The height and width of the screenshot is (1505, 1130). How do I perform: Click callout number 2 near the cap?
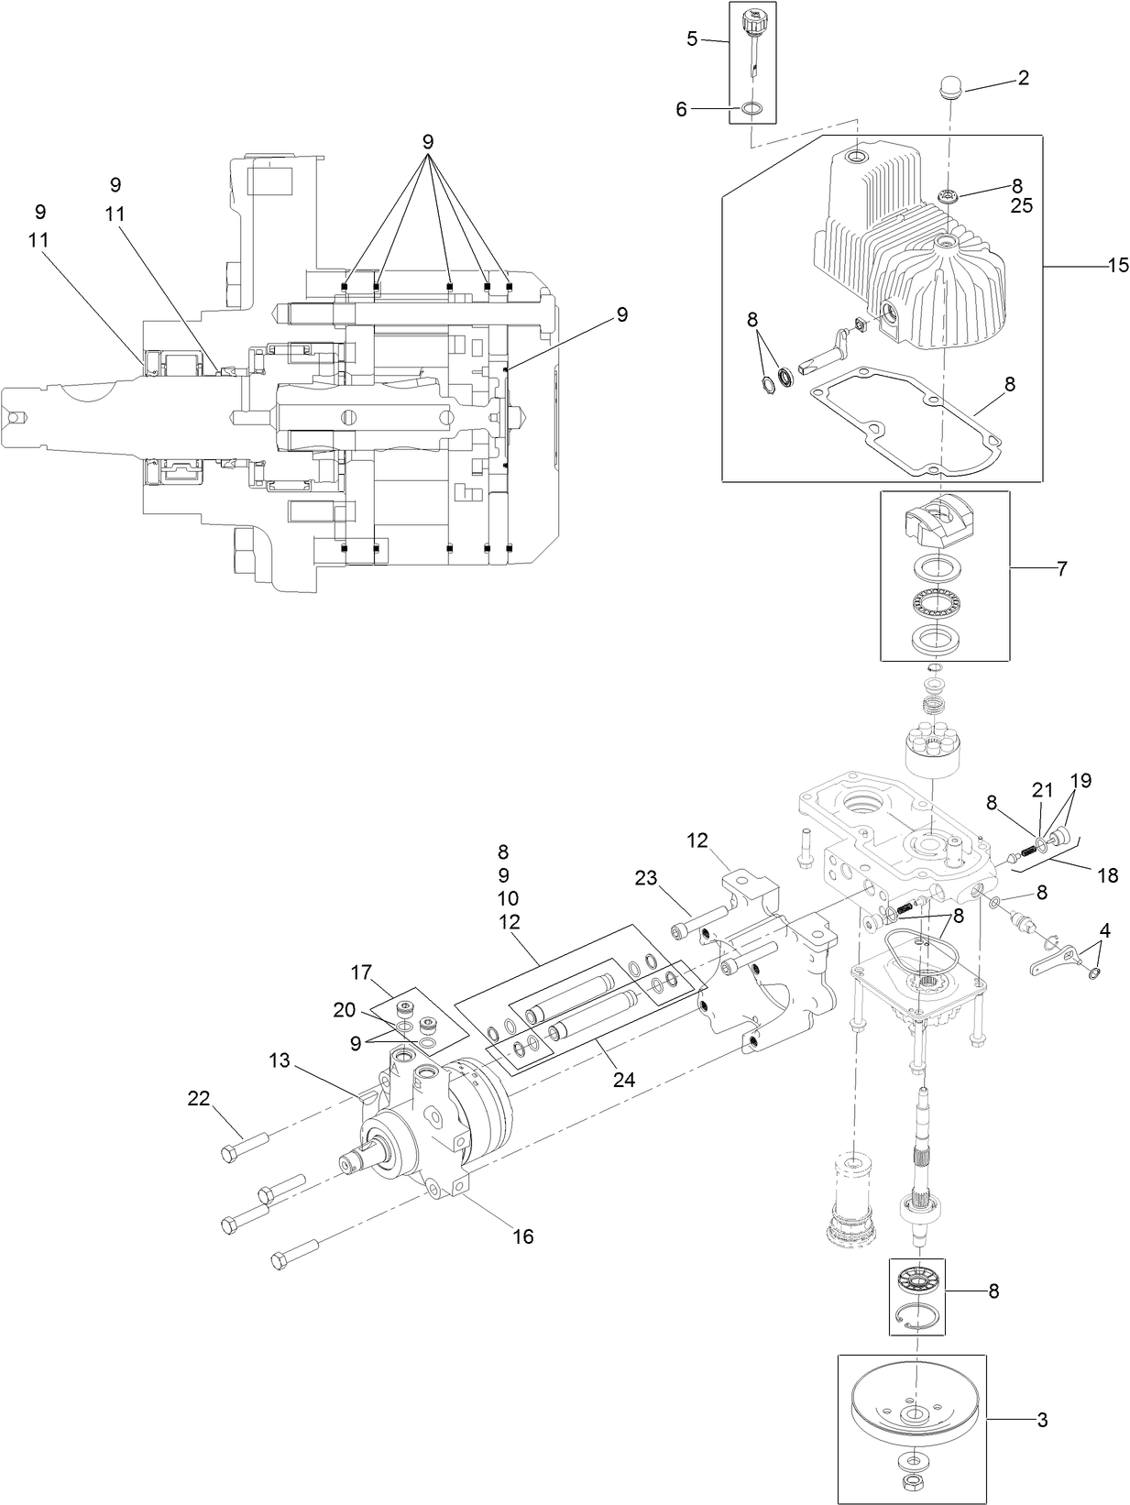point(1022,78)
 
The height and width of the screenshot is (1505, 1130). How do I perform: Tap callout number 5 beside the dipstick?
point(692,38)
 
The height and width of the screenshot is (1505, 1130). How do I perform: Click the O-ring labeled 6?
point(752,109)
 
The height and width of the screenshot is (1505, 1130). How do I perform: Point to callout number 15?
point(1117,266)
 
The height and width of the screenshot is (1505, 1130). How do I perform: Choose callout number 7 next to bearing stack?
point(1061,568)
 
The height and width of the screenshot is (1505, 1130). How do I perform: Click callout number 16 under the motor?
point(522,1236)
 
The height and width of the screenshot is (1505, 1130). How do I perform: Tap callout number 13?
point(279,1060)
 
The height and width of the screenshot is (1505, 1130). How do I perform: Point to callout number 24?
point(624,1080)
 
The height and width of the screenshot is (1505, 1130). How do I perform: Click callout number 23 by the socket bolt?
point(645,877)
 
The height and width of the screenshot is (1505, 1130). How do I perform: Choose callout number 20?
point(344,1009)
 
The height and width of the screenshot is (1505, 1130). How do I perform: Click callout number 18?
point(1107,875)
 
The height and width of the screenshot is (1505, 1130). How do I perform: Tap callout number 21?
point(1043,790)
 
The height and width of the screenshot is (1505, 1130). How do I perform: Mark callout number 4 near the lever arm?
point(1104,929)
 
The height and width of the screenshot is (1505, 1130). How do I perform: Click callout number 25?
point(1021,206)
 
